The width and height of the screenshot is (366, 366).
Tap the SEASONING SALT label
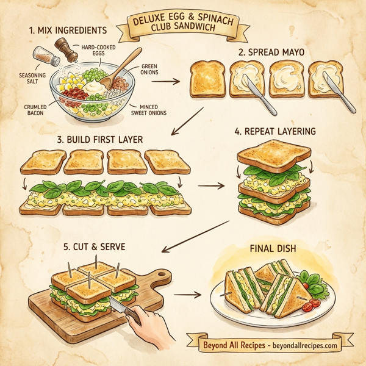pyautogui.click(x=24, y=79)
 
